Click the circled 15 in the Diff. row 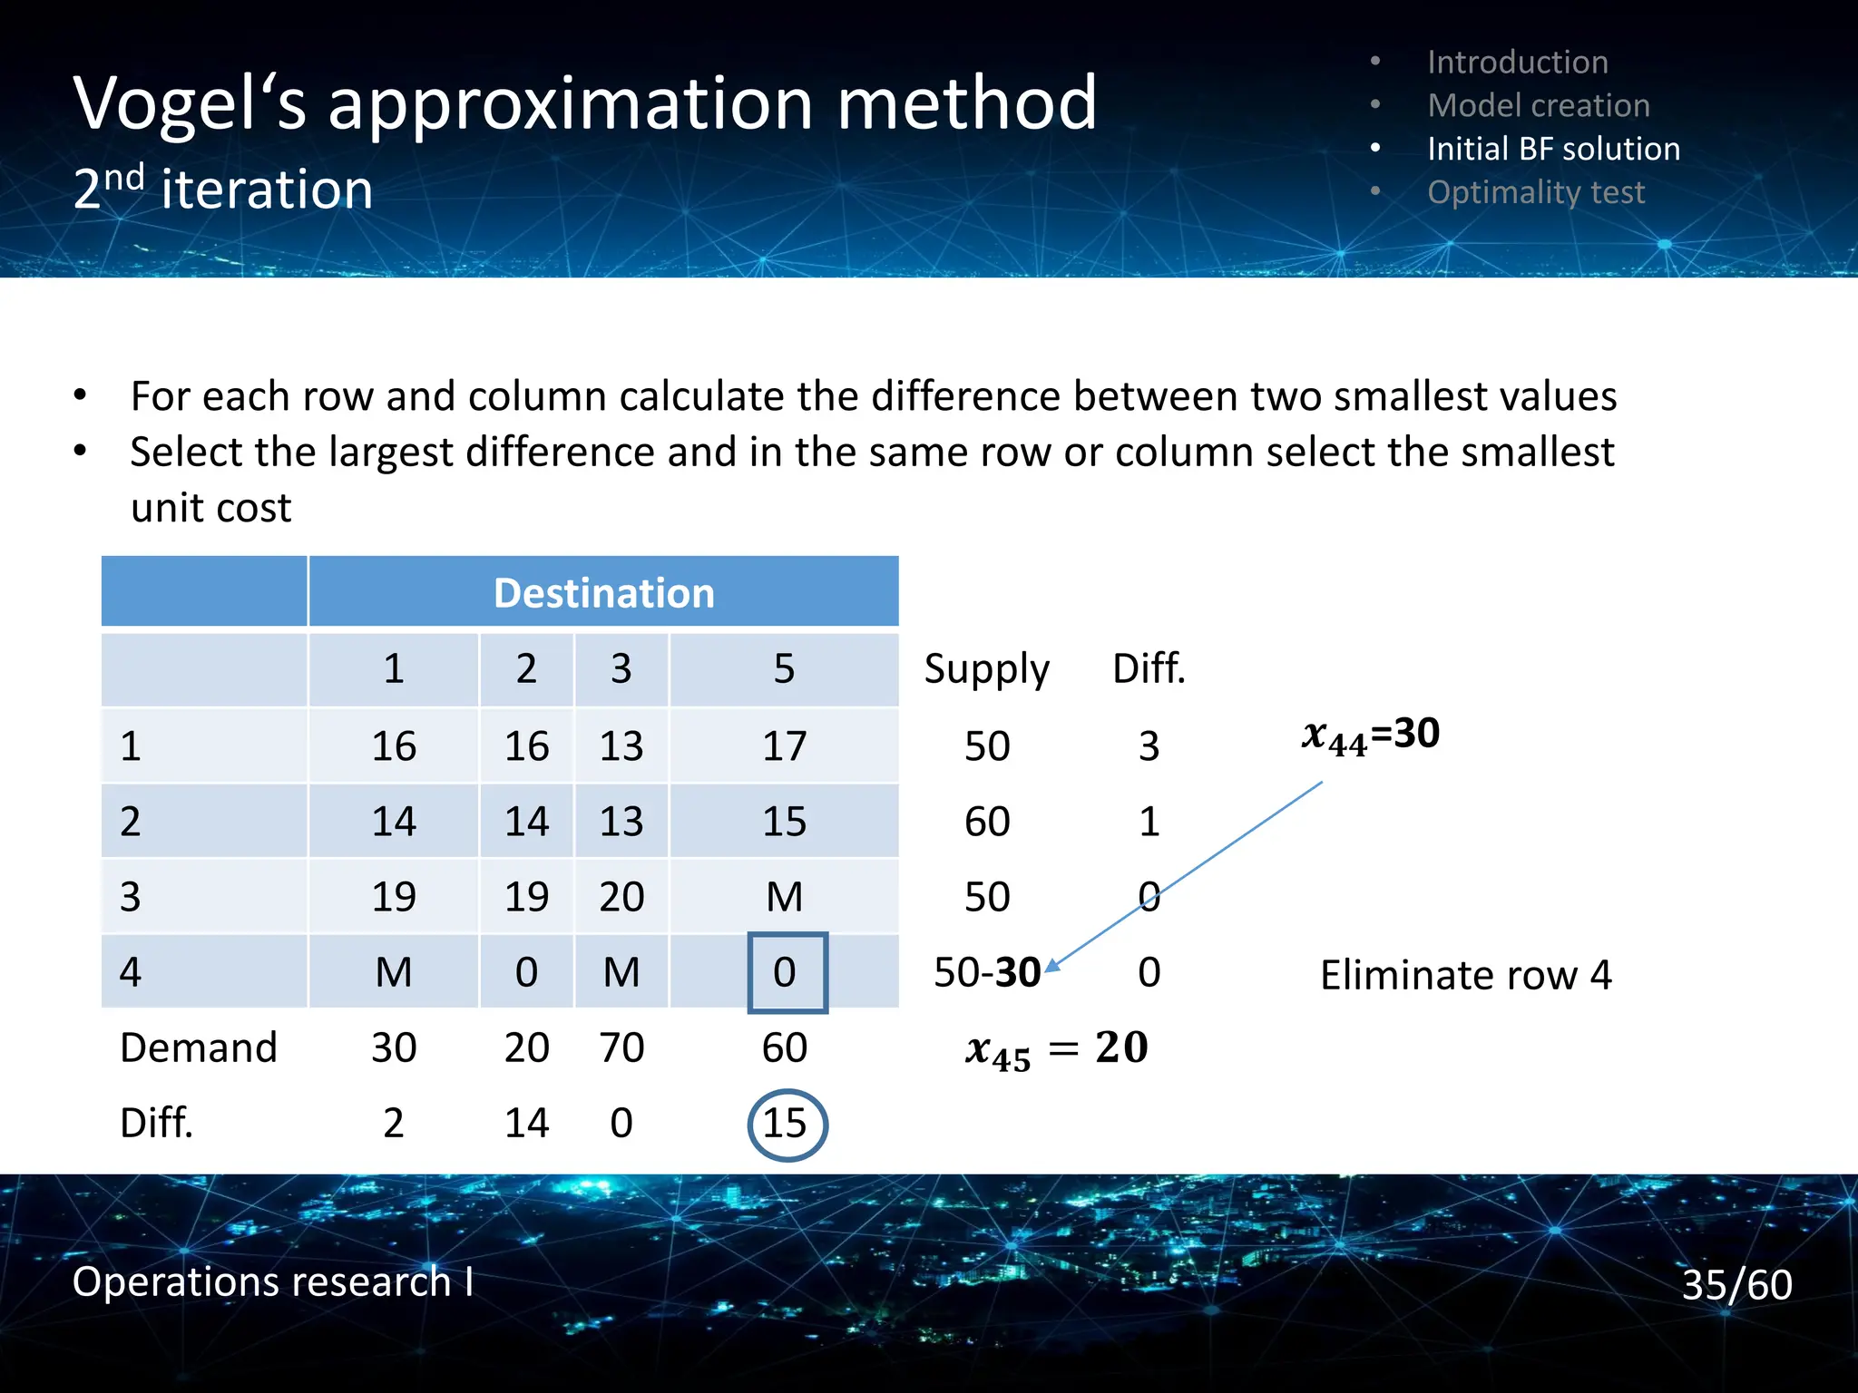click(786, 1124)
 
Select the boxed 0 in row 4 click(786, 972)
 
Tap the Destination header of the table click(603, 593)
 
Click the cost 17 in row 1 click(784, 746)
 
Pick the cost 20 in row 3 click(621, 897)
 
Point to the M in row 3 click(784, 897)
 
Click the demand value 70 click(621, 1048)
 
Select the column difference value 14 click(526, 1124)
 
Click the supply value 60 click(986, 822)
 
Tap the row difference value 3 click(1149, 746)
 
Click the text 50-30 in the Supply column click(987, 972)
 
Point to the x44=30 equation click(1370, 735)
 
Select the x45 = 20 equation click(1056, 1049)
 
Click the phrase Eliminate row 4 click(1465, 976)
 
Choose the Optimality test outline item click(1535, 192)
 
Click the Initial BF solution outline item click(1553, 149)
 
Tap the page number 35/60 click(1736, 1284)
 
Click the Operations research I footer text click(272, 1281)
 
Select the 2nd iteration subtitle click(223, 189)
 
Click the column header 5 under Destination click(784, 669)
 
